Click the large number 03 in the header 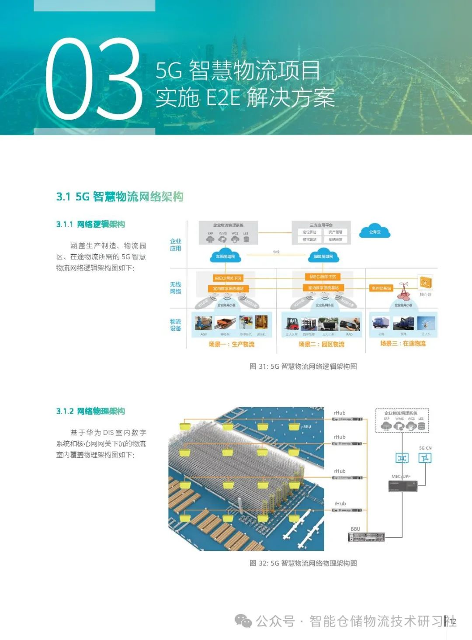coord(94,79)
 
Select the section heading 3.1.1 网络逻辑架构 coord(90,225)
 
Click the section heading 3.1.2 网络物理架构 coord(90,412)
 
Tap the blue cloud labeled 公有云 coord(375,232)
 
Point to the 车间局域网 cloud coord(225,256)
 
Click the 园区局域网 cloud coord(323,256)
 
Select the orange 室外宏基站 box coord(381,288)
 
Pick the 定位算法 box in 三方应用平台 coord(309,232)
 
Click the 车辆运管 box coord(335,239)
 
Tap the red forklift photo coord(292,324)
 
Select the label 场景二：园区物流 coord(321,344)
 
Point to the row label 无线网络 coord(175,288)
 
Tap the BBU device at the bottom coord(366,537)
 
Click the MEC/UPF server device coord(403,486)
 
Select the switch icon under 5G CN coord(425,458)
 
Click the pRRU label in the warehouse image coord(306,427)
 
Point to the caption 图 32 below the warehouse coord(303,563)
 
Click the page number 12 coord(452,622)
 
